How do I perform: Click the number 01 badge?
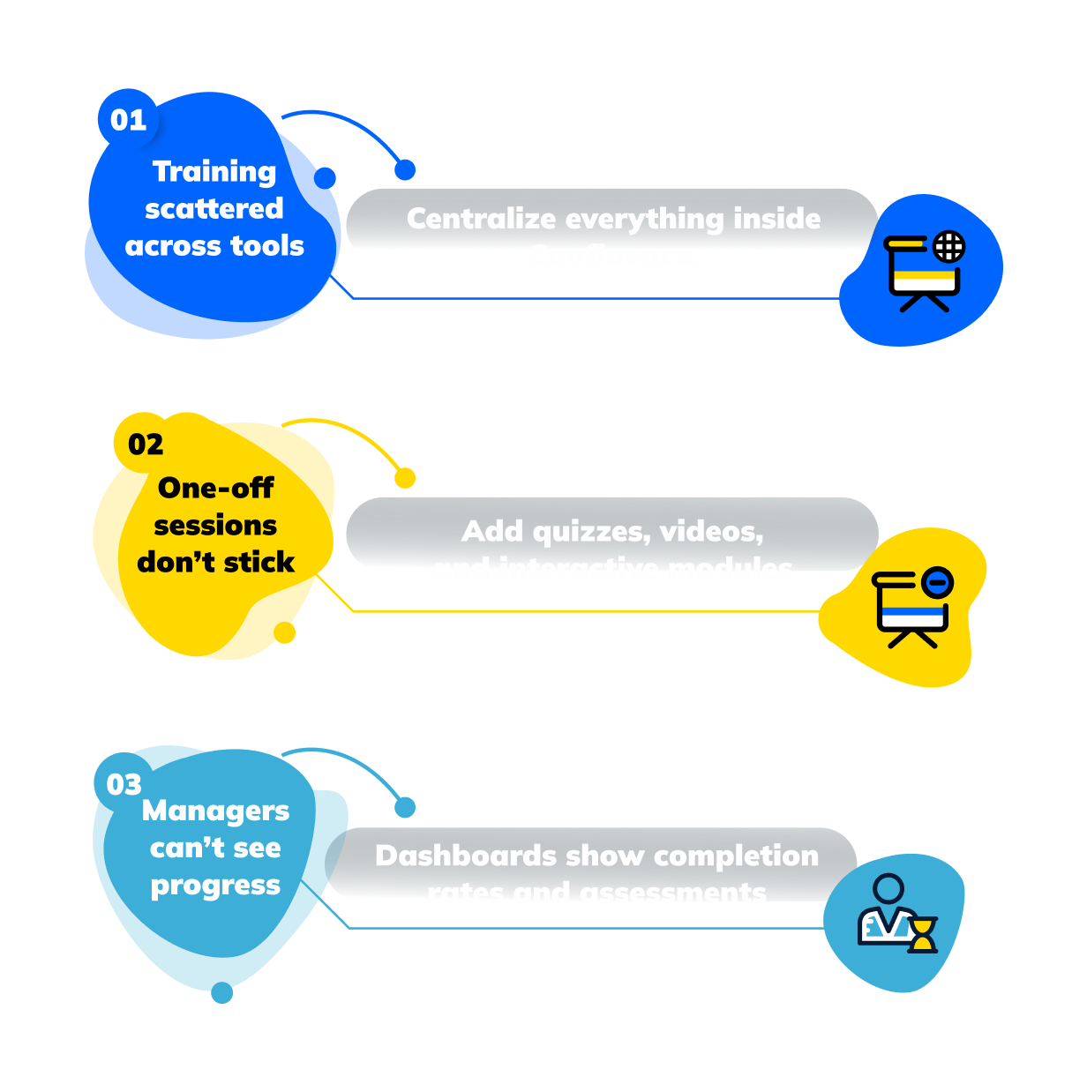tap(128, 119)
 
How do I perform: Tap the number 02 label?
tap(146, 444)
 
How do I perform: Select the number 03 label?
tap(124, 784)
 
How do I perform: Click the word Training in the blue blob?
tap(214, 171)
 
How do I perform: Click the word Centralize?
tap(481, 219)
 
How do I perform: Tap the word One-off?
tap(216, 488)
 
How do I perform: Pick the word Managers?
tap(216, 811)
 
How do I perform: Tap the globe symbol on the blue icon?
tap(949, 246)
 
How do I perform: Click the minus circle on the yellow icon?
tap(938, 582)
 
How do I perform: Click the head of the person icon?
tap(888, 888)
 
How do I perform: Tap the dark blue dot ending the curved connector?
tap(405, 169)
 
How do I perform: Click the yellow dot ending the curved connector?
tap(405, 478)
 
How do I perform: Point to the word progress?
tap(216, 886)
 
